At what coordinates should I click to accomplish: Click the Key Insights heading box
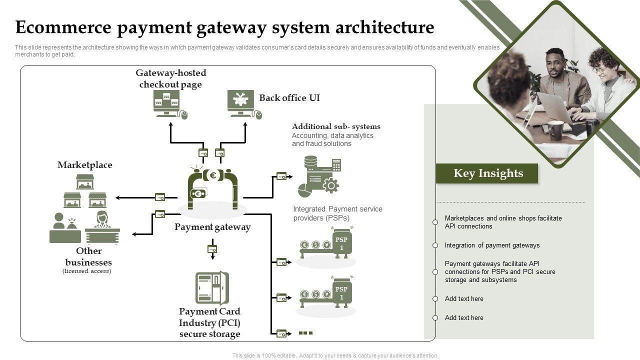click(487, 173)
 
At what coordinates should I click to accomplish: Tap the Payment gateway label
click(212, 227)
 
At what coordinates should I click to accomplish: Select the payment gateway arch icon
click(212, 189)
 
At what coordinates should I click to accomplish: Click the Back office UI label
click(289, 98)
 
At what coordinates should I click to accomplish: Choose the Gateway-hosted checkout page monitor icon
click(167, 103)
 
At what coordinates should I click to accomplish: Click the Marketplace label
click(85, 165)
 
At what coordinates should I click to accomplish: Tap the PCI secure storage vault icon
click(211, 288)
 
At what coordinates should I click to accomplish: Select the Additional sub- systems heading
click(336, 126)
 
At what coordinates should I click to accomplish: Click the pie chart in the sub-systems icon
click(305, 190)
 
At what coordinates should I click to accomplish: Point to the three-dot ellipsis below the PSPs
click(305, 332)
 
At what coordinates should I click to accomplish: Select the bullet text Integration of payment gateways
click(492, 245)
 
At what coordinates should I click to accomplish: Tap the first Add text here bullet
click(464, 299)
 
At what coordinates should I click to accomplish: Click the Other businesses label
click(89, 256)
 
